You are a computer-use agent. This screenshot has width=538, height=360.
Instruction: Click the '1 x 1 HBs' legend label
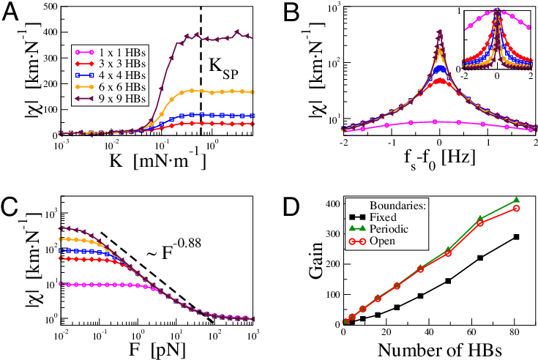pyautogui.click(x=122, y=53)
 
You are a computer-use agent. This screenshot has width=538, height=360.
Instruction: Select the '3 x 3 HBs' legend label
pyautogui.click(x=122, y=64)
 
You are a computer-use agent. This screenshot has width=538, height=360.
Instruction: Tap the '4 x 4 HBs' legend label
pyautogui.click(x=122, y=75)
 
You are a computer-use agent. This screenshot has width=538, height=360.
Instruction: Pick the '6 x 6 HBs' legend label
pyautogui.click(x=122, y=87)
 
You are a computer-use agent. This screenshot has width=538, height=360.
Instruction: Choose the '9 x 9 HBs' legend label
pyautogui.click(x=122, y=98)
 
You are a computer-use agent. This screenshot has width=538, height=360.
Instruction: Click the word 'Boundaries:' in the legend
pyautogui.click(x=397, y=206)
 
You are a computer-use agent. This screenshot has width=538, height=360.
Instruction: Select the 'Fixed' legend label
pyautogui.click(x=383, y=217)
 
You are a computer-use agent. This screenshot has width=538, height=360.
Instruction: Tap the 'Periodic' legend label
pyautogui.click(x=389, y=229)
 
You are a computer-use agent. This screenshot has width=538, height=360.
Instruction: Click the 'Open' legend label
pyautogui.click(x=382, y=241)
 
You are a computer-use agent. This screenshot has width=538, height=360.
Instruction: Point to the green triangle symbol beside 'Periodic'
pyautogui.click(x=357, y=229)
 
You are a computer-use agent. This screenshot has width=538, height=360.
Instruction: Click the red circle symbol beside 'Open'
pyautogui.click(x=357, y=241)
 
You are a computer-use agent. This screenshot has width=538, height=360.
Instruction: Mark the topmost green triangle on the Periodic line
pyautogui.click(x=518, y=200)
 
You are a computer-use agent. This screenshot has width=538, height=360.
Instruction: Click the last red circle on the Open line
pyautogui.click(x=517, y=209)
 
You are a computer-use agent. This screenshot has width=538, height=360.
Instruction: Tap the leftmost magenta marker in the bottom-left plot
pyautogui.click(x=61, y=284)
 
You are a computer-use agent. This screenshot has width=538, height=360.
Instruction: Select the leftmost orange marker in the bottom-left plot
pyautogui.click(x=61, y=239)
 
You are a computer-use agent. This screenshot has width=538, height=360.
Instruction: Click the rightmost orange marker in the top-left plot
pyautogui.click(x=253, y=92)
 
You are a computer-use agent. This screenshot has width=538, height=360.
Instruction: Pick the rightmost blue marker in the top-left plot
pyautogui.click(x=253, y=116)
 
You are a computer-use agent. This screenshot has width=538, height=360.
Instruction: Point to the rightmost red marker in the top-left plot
pyautogui.click(x=253, y=124)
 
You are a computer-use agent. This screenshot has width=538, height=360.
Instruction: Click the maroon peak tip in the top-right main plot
pyautogui.click(x=439, y=31)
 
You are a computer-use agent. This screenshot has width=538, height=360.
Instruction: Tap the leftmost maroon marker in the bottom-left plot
pyautogui.click(x=61, y=228)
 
